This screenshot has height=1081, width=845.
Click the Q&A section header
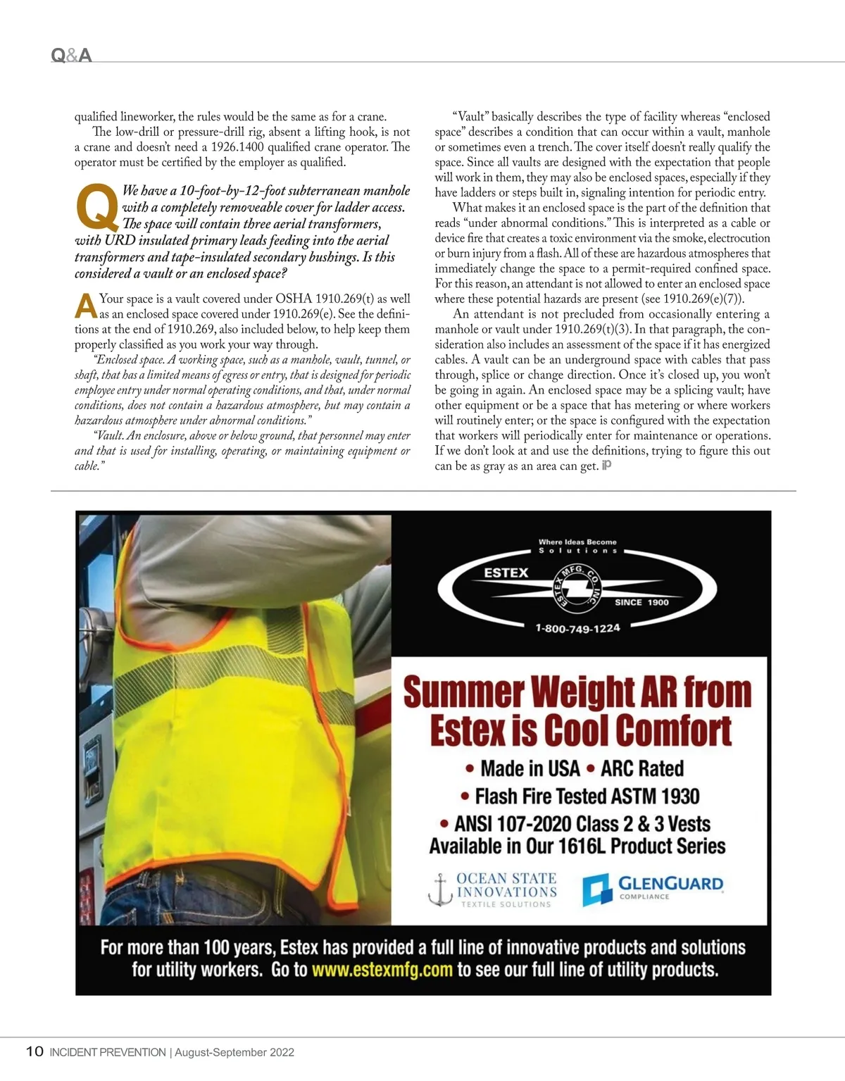point(72,55)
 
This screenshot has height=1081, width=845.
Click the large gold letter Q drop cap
point(96,207)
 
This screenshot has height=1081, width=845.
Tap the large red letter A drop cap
point(85,306)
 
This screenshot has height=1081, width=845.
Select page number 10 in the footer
point(34,1052)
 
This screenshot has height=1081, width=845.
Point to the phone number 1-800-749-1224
point(577,628)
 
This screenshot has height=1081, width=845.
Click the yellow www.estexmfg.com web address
point(382,970)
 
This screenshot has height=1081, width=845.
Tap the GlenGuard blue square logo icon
point(596,890)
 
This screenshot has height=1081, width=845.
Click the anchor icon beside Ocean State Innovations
point(439,890)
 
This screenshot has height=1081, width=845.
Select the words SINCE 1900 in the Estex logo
point(641,602)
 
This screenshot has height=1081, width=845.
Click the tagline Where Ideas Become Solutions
point(577,546)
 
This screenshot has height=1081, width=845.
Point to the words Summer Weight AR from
point(577,692)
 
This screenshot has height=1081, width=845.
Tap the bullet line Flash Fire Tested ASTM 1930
point(580,796)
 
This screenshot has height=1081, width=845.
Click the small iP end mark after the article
point(606,465)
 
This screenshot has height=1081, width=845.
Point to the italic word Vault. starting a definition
point(109,436)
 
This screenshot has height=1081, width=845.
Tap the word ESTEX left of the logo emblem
point(506,573)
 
